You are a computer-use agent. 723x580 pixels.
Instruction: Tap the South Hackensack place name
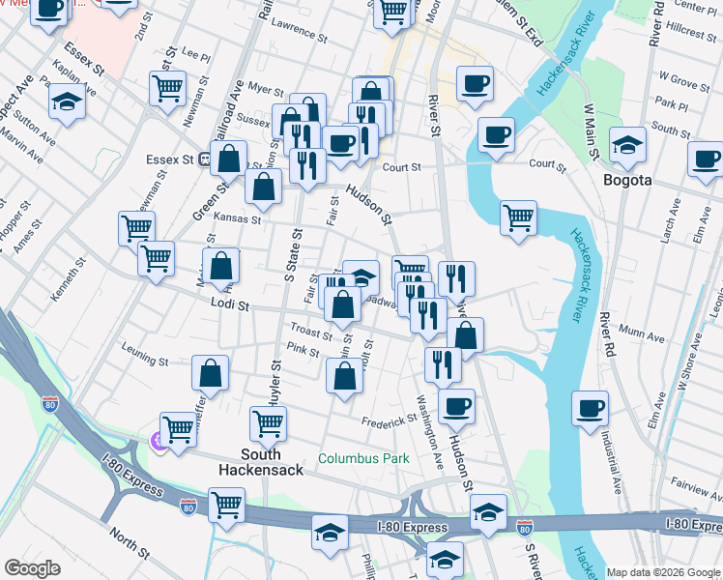tap(261, 462)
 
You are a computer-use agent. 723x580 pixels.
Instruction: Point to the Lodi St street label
tap(230, 305)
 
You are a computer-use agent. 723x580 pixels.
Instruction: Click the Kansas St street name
tap(237, 219)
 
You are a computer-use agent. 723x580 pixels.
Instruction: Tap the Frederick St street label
tap(389, 420)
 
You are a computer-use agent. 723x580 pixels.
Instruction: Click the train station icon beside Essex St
tap(205, 159)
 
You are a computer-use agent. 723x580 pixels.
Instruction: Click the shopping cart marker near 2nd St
tap(168, 89)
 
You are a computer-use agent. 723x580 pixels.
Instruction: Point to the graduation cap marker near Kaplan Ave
tap(67, 101)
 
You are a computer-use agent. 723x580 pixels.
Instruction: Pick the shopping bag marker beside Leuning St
tap(211, 374)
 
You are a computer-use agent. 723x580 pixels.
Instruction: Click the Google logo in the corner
tap(34, 568)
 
